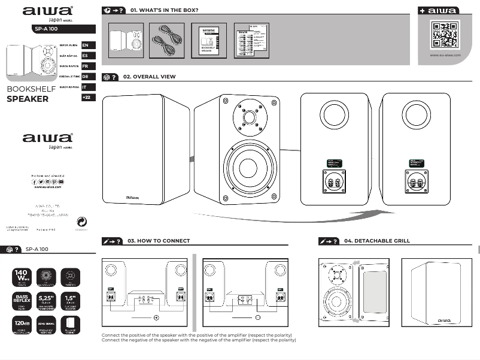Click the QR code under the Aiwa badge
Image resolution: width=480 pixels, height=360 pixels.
click(x=444, y=35)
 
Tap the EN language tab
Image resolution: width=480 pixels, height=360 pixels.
click(x=86, y=45)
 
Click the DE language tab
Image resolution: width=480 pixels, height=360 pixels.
click(x=86, y=76)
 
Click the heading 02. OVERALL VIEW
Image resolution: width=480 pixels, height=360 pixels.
click(x=149, y=77)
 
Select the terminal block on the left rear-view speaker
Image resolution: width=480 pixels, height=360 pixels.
click(x=334, y=181)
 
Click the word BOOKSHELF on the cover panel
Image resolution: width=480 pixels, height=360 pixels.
click(x=31, y=89)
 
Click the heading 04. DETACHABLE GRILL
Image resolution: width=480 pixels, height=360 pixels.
click(x=377, y=241)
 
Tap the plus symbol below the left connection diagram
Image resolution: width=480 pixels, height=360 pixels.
click(x=156, y=317)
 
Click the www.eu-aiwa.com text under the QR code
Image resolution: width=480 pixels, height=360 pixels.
click(x=445, y=55)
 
